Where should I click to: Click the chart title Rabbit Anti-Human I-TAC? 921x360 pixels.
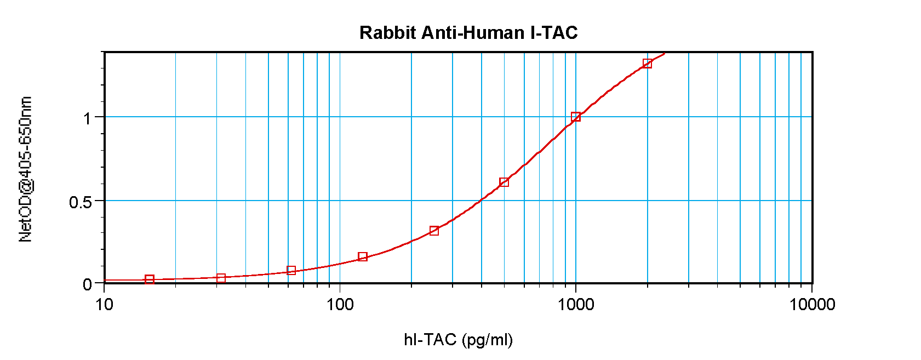(x=468, y=33)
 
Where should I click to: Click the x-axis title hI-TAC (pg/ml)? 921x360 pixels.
(x=458, y=340)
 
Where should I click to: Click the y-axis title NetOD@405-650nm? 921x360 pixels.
(x=26, y=169)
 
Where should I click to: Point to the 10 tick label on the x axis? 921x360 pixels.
(x=104, y=304)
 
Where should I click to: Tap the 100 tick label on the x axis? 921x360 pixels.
(x=340, y=304)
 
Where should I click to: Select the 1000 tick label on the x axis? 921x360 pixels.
(x=576, y=304)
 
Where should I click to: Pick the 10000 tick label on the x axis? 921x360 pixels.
(x=812, y=304)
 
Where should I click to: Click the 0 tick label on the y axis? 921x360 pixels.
(x=87, y=284)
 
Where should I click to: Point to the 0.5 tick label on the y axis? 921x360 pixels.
(x=80, y=202)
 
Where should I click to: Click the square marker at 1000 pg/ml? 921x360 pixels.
(x=576, y=117)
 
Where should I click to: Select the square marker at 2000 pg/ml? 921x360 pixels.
(x=647, y=64)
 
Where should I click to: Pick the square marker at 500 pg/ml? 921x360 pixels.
(x=504, y=182)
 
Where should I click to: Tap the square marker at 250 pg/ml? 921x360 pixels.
(x=434, y=231)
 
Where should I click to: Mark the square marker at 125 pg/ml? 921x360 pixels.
(x=363, y=256)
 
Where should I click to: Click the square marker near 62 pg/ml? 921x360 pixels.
(x=291, y=271)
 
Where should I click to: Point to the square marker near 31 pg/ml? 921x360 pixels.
(x=221, y=278)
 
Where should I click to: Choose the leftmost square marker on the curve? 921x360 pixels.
(x=150, y=279)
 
